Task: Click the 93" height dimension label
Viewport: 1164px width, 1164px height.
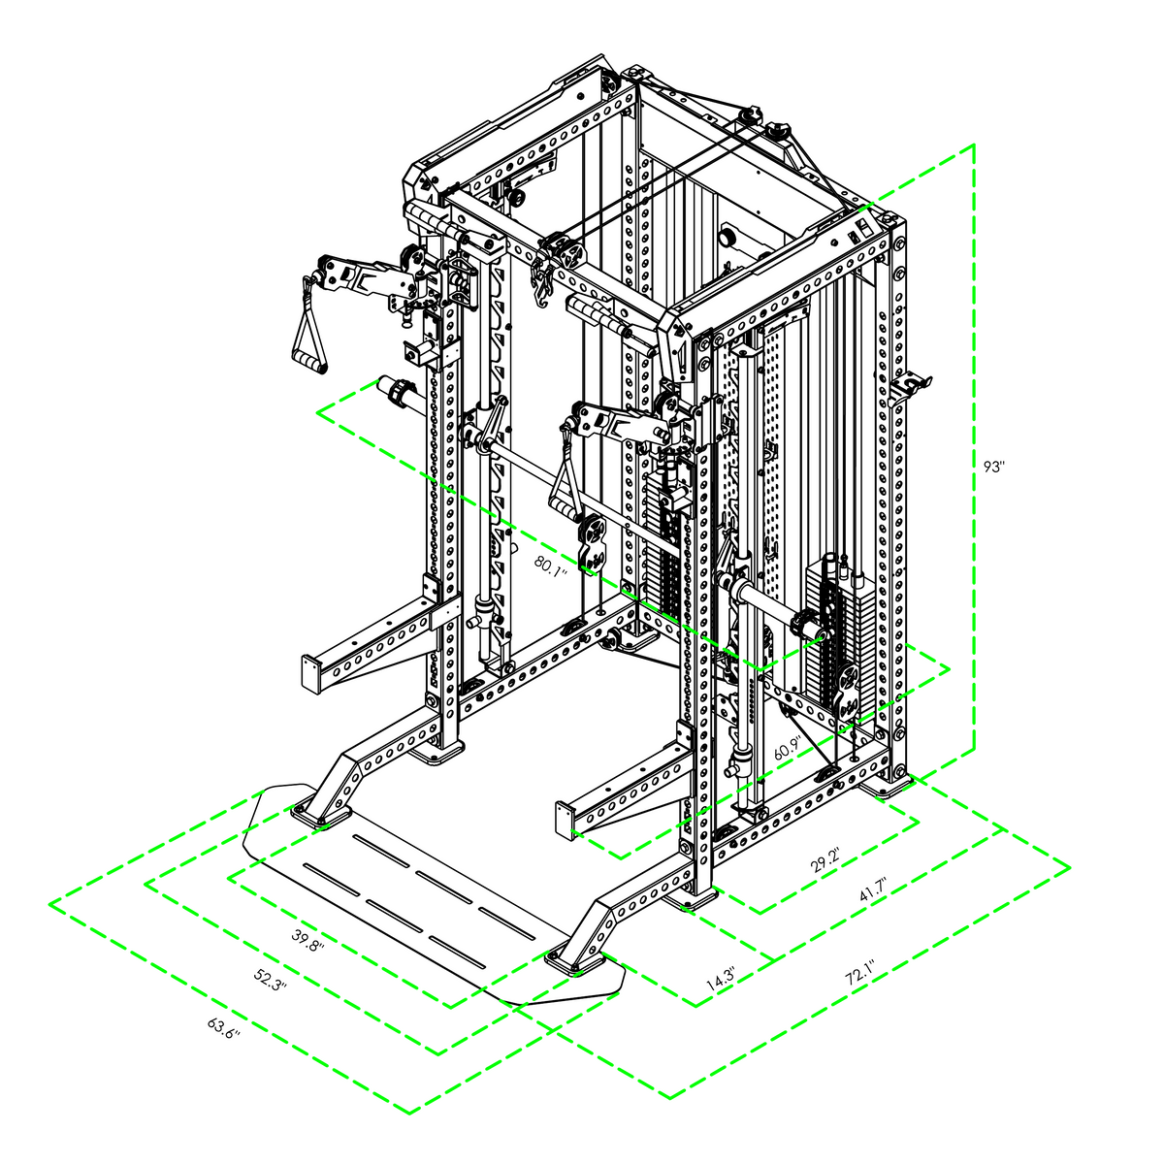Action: (993, 467)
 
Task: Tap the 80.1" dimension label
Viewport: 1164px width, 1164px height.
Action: (551, 566)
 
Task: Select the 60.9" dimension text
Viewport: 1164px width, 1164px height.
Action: (788, 749)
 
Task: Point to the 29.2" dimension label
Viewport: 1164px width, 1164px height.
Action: (825, 862)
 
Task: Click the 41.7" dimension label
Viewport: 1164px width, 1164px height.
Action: (873, 889)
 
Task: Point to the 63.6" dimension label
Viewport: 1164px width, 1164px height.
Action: (224, 1028)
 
